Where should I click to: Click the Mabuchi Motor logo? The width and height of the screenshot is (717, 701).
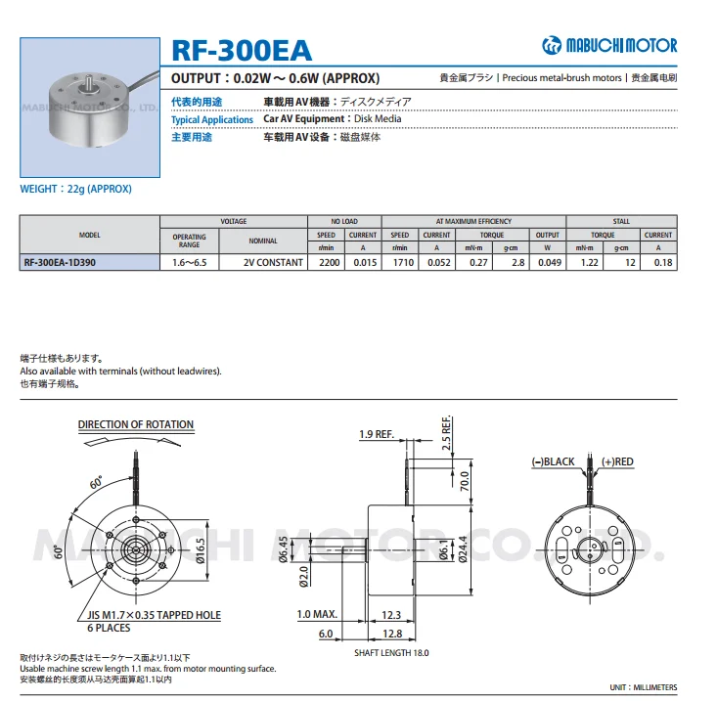tap(609, 45)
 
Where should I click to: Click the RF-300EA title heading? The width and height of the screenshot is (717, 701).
tap(242, 50)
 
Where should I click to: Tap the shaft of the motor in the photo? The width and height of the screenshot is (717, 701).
tap(87, 83)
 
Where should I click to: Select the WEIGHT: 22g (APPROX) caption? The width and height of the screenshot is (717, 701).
tap(76, 189)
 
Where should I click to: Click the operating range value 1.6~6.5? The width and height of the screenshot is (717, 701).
tap(190, 263)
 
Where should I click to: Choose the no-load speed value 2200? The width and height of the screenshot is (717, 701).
tap(330, 263)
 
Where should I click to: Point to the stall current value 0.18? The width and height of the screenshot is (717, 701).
tap(663, 263)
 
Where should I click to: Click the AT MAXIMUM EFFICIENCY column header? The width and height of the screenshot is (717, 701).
tap(473, 222)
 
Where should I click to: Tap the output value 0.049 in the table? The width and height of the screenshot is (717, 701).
tap(550, 263)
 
